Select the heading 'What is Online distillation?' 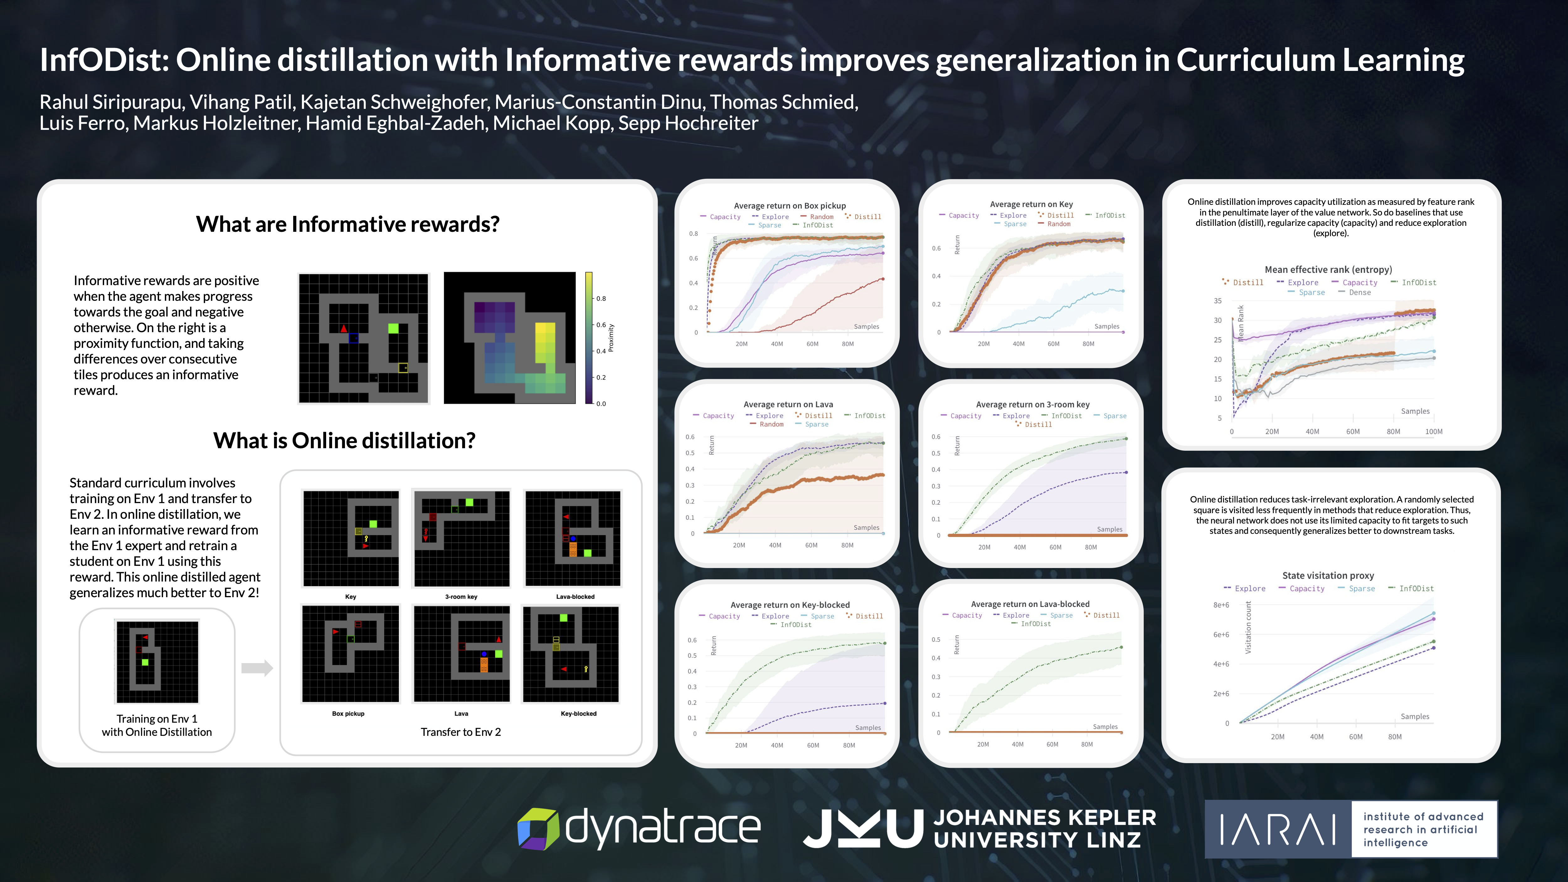tap(344, 440)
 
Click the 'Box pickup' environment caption tap(348, 713)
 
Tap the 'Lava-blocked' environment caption tap(575, 597)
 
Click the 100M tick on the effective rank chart tap(1433, 432)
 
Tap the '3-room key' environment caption tap(461, 597)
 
